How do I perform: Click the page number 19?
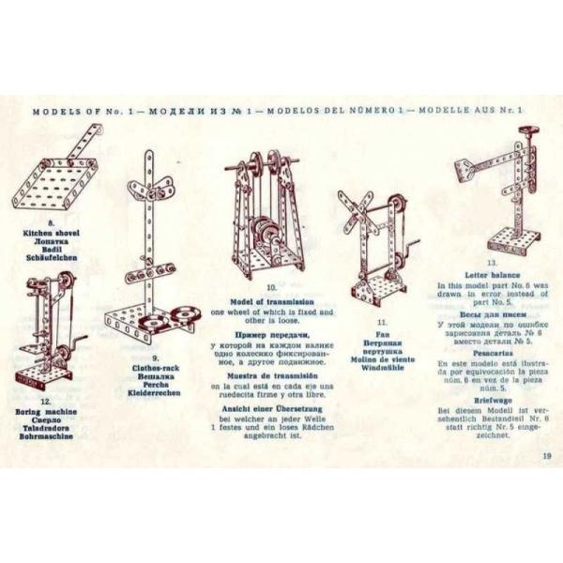546,457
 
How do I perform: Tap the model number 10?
271,288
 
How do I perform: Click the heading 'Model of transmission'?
271,299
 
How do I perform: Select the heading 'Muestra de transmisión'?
270,375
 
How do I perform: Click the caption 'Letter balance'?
492,275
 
